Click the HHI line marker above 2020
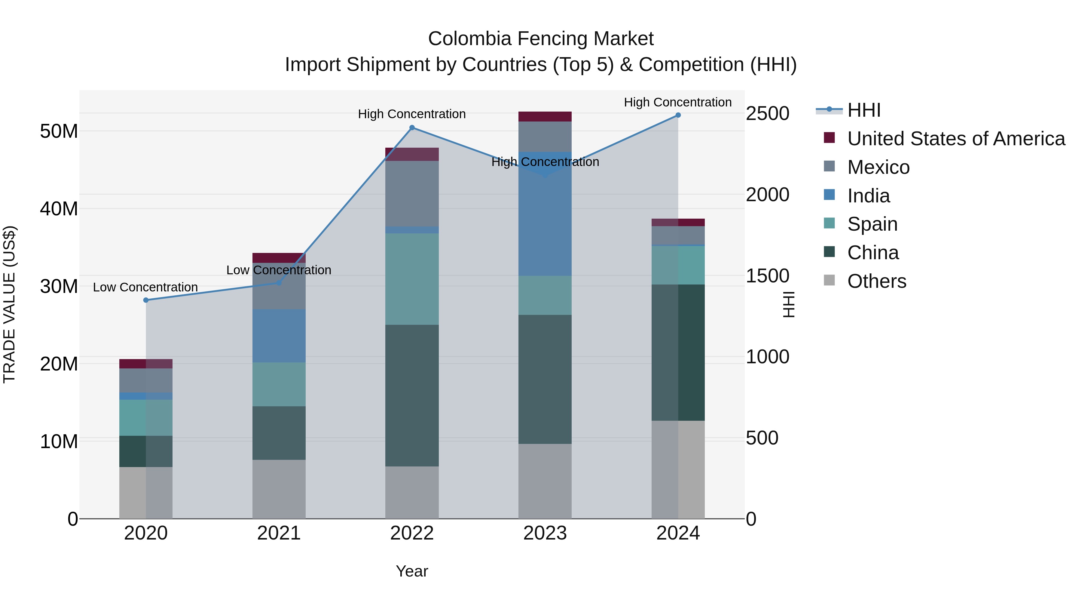click(x=146, y=300)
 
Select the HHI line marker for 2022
click(x=412, y=128)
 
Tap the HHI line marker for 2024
click(x=678, y=115)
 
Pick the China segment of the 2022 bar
click(x=412, y=395)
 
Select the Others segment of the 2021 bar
click(x=279, y=489)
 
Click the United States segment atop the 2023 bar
click(x=545, y=116)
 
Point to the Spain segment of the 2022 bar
click(x=412, y=279)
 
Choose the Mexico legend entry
click(x=878, y=167)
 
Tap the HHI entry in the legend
click(x=863, y=110)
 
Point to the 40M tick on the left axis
click(x=59, y=209)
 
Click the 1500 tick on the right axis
click(x=767, y=276)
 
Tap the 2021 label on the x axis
click(x=279, y=533)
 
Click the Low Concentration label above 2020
click(x=145, y=288)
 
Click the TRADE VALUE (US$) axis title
click(x=9, y=304)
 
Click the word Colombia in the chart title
click(x=469, y=39)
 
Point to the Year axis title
click(x=412, y=571)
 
